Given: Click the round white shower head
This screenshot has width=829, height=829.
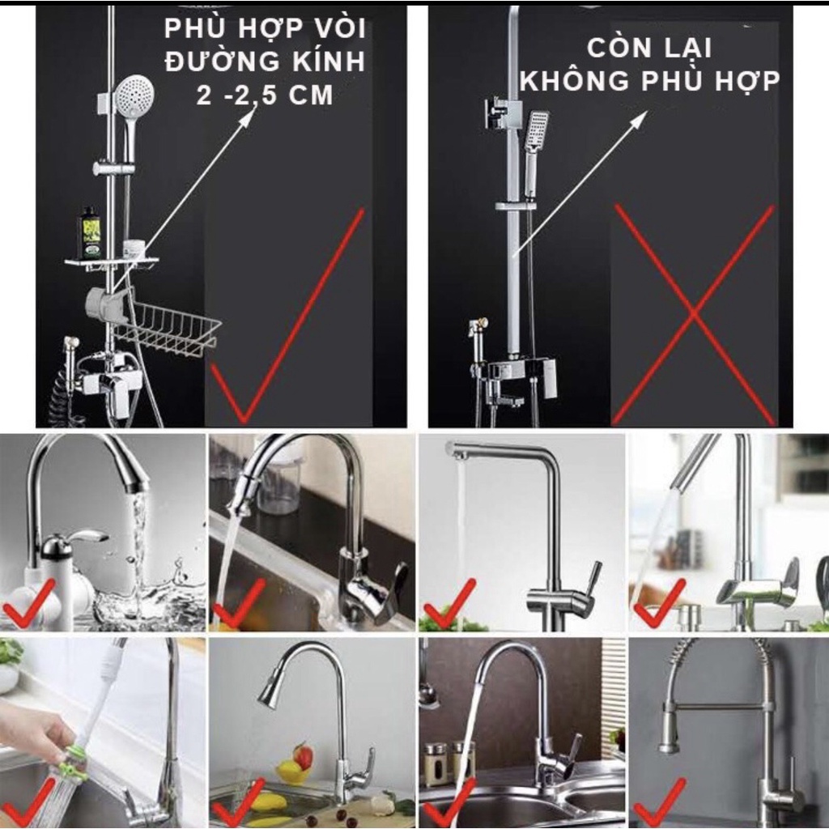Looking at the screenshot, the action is (135, 96).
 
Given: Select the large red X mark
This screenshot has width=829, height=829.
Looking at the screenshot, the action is (694, 315).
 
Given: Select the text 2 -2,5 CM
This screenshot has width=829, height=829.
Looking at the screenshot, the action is (265, 96).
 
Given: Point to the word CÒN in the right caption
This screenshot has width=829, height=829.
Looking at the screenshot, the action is (619, 48).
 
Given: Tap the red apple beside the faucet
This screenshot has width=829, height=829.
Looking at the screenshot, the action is (303, 756).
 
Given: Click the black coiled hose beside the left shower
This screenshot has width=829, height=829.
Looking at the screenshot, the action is (63, 391).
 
